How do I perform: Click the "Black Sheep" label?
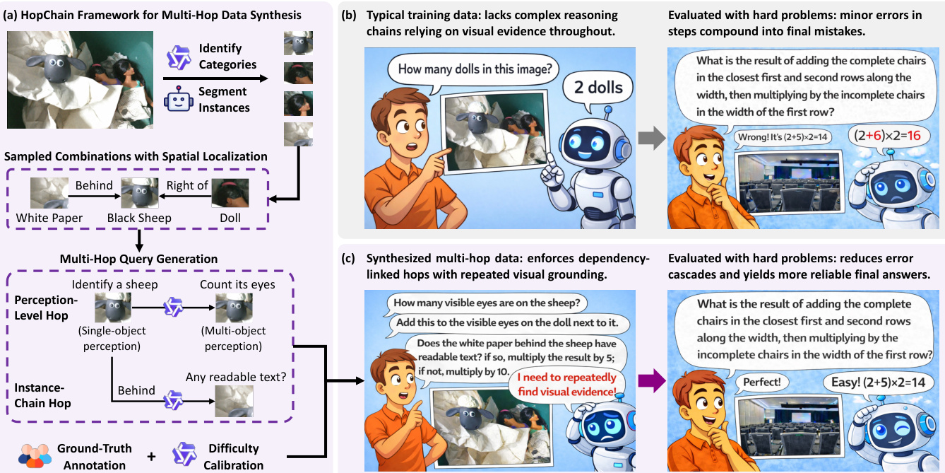pyautogui.click(x=139, y=218)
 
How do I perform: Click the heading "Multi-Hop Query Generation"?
pyautogui.click(x=140, y=259)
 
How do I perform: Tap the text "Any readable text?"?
pyautogui.click(x=236, y=377)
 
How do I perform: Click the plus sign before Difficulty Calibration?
pyautogui.click(x=150, y=456)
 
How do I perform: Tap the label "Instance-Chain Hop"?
pyautogui.click(x=42, y=395)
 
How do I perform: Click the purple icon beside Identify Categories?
pyautogui.click(x=178, y=57)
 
